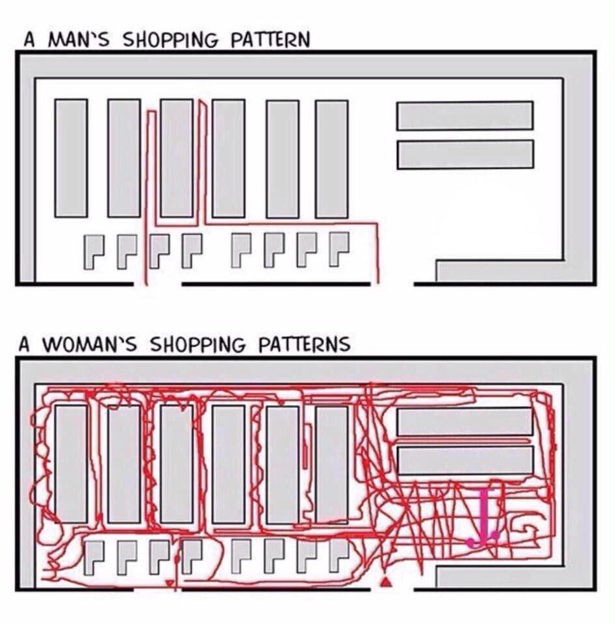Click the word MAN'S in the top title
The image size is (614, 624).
[79, 40]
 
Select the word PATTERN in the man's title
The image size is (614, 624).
[270, 40]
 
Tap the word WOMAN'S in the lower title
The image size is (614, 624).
[89, 344]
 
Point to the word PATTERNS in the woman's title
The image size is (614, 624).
[304, 344]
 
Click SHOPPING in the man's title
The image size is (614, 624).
[171, 40]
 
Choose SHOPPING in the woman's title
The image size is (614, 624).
[198, 344]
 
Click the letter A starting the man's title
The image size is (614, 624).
[29, 40]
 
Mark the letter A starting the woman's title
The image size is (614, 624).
[24, 344]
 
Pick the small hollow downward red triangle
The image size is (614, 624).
[170, 583]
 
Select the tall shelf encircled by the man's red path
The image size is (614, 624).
[177, 158]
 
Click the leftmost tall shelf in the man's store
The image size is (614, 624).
[71, 158]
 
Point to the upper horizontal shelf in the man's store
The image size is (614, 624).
[465, 116]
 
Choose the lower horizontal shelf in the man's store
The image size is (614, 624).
[465, 155]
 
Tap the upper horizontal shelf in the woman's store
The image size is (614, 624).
[465, 421]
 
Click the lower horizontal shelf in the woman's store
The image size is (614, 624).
[465, 460]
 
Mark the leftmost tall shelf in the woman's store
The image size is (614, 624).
[71, 464]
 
